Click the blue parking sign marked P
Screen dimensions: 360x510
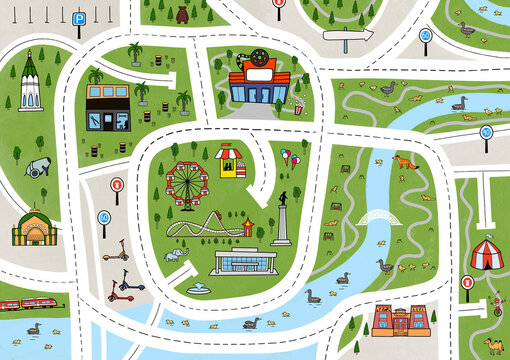click(79, 18)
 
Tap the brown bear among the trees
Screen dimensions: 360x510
click(182, 16)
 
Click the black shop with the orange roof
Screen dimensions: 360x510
click(109, 109)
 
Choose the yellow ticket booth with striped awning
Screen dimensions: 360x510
click(232, 161)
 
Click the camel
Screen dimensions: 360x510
click(493, 345)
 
